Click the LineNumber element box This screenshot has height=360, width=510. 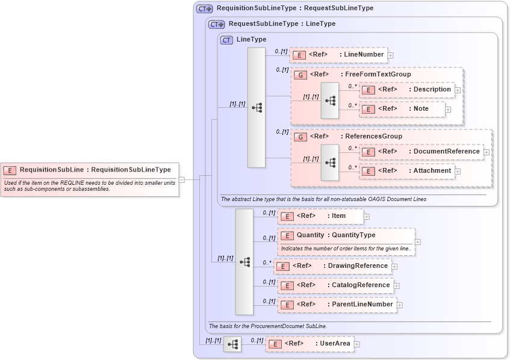click(x=338, y=55)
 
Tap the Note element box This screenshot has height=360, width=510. click(x=402, y=109)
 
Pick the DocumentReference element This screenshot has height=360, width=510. click(x=421, y=152)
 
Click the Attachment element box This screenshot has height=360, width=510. click(x=406, y=171)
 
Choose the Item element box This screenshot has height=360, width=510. click(x=320, y=216)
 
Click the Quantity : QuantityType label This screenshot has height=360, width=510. click(x=335, y=235)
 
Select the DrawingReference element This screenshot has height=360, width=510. click(x=332, y=266)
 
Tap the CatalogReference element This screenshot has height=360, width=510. click(x=335, y=285)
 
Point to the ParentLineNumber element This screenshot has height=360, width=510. click(x=337, y=305)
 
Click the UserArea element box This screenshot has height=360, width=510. click(x=309, y=344)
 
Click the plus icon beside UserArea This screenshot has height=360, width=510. click(x=357, y=344)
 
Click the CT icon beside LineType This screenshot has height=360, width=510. click(x=227, y=40)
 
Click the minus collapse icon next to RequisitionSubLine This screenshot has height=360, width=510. click(x=182, y=179)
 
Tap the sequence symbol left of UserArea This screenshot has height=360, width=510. click(x=232, y=344)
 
